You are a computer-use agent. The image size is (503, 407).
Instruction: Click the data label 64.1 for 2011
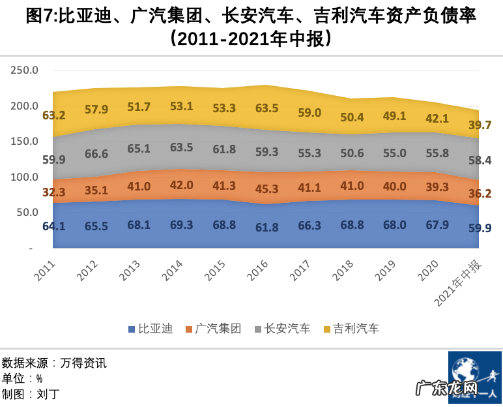point(53,226)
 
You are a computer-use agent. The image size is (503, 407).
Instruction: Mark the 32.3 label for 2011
point(53,192)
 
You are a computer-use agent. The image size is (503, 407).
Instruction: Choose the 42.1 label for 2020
point(437,118)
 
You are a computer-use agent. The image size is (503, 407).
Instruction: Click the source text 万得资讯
point(83,363)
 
